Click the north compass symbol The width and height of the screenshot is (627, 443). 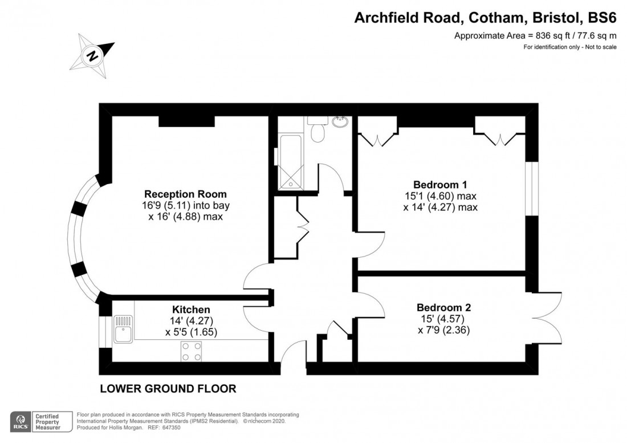click(92, 55)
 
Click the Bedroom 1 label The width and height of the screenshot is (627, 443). click(440, 185)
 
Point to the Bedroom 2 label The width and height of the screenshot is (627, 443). click(443, 307)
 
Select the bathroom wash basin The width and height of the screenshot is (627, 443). click(341, 121)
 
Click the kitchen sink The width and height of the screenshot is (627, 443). click(123, 330)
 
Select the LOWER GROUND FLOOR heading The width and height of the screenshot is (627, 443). click(168, 389)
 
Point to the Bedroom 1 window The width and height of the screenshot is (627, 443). click(532, 188)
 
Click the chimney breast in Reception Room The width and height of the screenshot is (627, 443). click(186, 120)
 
